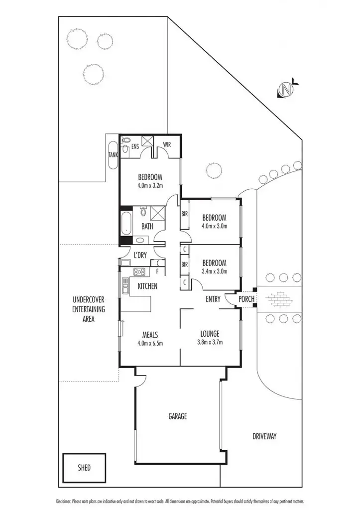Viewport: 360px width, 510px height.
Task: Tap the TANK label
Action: (113, 155)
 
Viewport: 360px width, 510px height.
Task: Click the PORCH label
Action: (246, 299)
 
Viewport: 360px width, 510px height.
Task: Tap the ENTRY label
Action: (214, 299)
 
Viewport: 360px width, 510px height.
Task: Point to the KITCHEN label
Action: (147, 286)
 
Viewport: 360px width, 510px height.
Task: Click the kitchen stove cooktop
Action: (139, 272)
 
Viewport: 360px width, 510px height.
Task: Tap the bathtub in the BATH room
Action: (126, 225)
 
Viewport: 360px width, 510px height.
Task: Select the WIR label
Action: (167, 145)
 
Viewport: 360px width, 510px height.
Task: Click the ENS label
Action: (135, 147)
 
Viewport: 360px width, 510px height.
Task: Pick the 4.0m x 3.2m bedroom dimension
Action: (150, 186)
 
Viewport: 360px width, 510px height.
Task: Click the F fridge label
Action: (157, 271)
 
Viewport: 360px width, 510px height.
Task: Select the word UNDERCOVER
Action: (88, 300)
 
